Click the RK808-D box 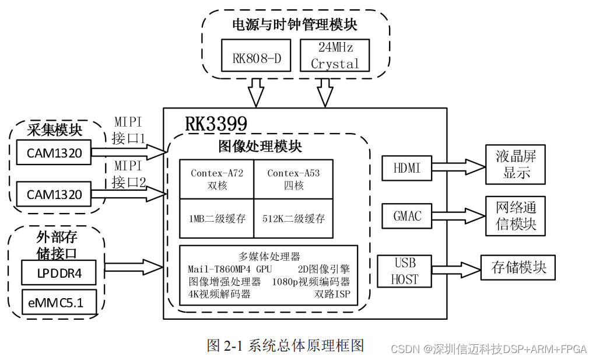(256, 55)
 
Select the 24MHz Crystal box (335, 55)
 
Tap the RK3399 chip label (216, 124)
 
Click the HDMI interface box (407, 169)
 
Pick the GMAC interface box (407, 216)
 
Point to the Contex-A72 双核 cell (216, 179)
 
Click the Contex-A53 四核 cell (293, 179)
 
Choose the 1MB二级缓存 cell (216, 219)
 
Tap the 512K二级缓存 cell (293, 219)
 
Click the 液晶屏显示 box (516, 165)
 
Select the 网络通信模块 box (516, 215)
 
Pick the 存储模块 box (518, 268)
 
